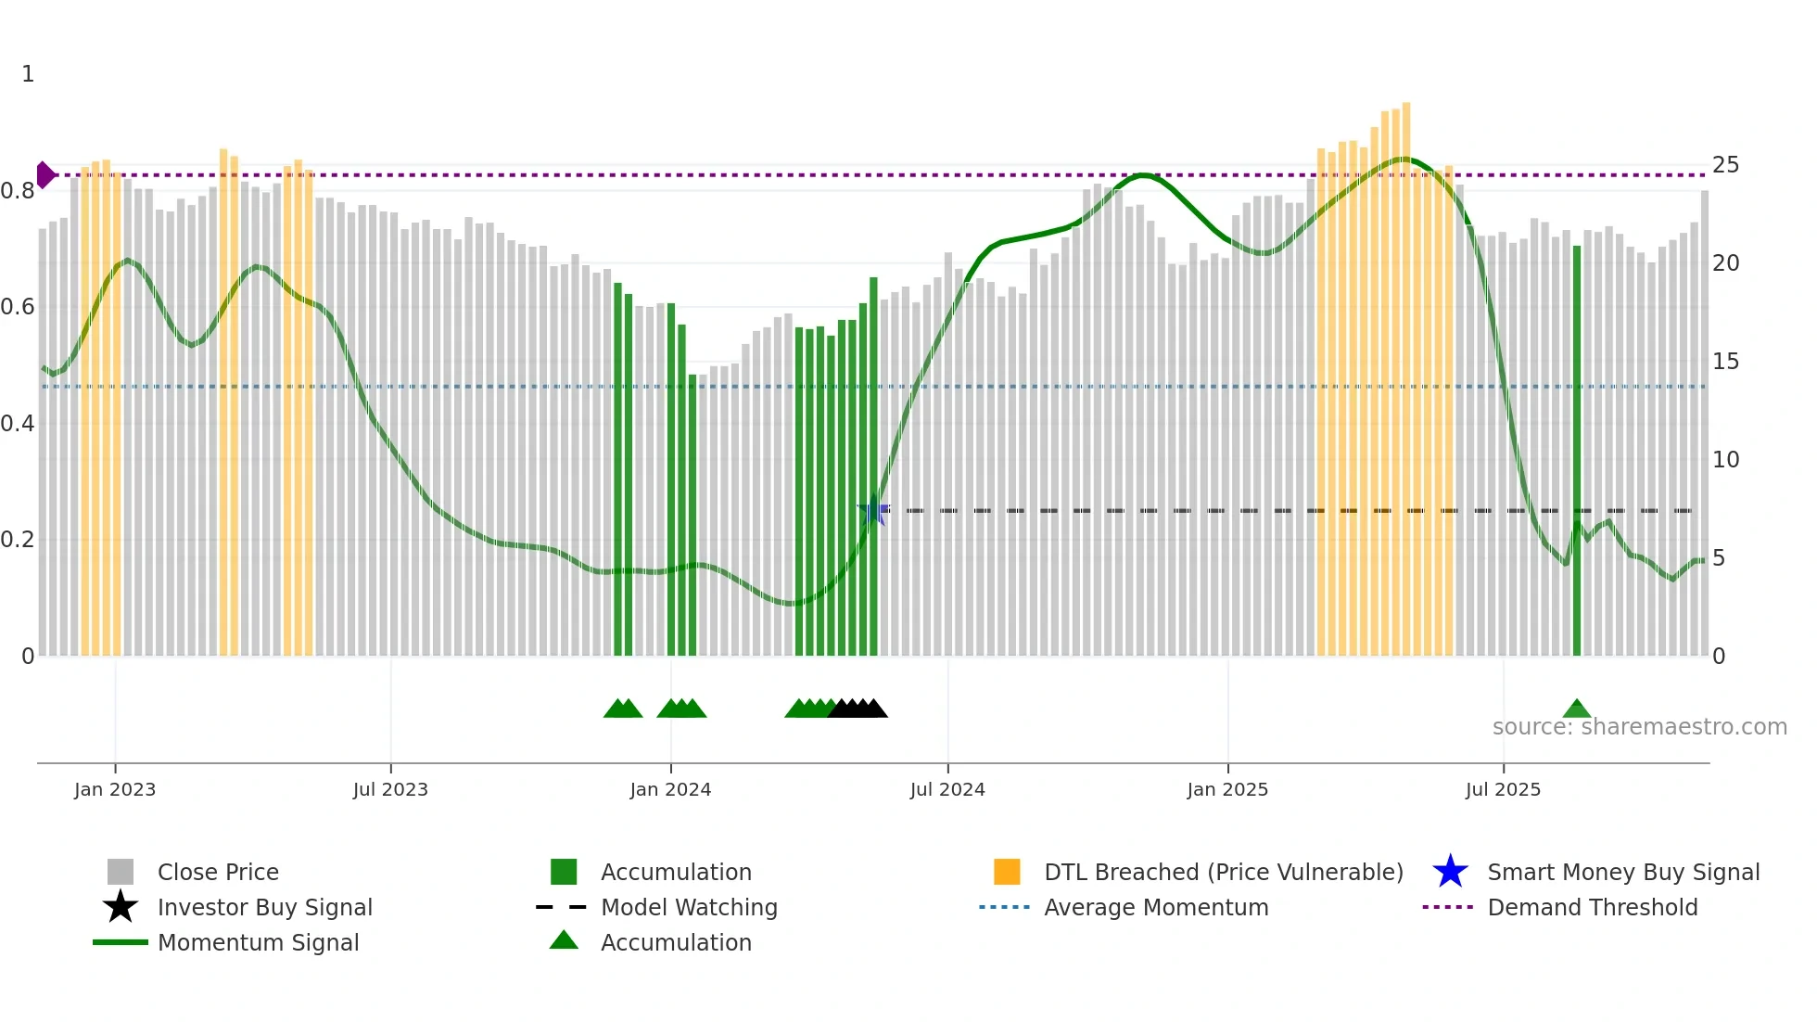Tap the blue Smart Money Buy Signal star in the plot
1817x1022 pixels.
tap(873, 510)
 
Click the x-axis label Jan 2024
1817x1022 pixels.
tap(670, 789)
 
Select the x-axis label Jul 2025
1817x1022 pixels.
tap(1503, 789)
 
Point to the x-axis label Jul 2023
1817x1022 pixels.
tap(390, 789)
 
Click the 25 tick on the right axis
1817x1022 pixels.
tap(1725, 165)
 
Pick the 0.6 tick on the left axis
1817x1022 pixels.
tap(18, 307)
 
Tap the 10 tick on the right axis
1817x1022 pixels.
tap(1725, 460)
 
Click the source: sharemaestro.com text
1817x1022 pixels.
tap(1639, 727)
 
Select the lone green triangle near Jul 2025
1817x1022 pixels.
tap(1576, 709)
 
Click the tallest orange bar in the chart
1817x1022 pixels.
tap(1406, 371)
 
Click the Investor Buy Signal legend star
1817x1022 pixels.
tap(121, 907)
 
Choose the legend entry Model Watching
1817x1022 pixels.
tap(688, 907)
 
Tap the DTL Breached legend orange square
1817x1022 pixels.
tap(1007, 872)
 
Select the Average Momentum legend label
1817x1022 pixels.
tap(1155, 907)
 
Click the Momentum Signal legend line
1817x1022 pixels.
tap(121, 942)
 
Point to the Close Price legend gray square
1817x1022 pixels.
tap(121, 872)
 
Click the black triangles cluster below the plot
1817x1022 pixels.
tap(858, 709)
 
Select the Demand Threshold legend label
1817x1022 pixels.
tap(1592, 907)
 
